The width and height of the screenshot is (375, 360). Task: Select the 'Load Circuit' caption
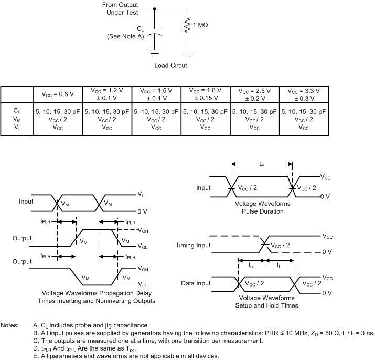click(170, 66)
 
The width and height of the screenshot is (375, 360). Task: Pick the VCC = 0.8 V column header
click(58, 94)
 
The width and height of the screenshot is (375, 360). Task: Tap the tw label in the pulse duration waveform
click(262, 164)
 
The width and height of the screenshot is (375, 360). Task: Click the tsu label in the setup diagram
click(252, 266)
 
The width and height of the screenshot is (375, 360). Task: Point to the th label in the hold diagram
click(280, 266)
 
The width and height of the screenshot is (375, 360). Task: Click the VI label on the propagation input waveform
click(141, 194)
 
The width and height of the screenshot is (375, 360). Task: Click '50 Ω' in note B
click(294, 333)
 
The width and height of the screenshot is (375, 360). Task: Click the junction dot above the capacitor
click(155, 9)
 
